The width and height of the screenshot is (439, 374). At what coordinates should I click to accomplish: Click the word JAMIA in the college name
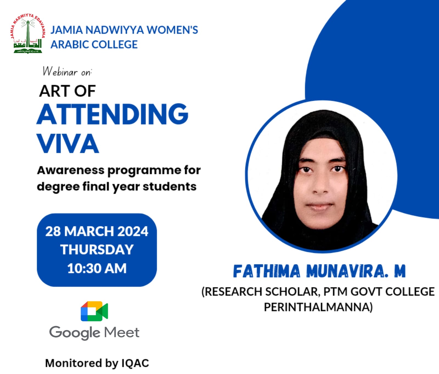67,30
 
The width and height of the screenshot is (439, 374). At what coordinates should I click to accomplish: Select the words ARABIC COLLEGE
94,45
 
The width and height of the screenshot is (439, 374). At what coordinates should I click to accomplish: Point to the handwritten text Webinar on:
67,71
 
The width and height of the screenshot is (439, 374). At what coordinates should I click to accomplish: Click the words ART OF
67,91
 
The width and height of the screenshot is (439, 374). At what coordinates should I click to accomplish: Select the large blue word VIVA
68,144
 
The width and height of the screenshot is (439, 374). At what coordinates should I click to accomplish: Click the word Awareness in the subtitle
71,170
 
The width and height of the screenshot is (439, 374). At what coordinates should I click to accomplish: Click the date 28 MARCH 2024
97,231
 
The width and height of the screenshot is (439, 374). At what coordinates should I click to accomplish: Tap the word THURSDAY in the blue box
97,250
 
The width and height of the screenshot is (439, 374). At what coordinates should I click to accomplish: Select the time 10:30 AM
97,268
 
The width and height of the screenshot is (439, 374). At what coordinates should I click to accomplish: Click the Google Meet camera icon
94,311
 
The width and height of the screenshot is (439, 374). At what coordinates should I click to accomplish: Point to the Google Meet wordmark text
94,333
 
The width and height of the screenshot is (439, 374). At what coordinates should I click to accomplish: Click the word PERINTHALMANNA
318,307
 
